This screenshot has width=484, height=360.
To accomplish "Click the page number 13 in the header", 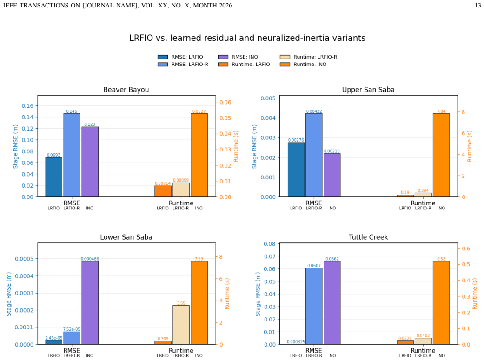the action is [x=477, y=5].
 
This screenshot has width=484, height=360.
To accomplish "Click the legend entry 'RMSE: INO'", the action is [x=238, y=57].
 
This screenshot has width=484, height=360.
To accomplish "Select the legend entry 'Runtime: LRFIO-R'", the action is [x=308, y=57].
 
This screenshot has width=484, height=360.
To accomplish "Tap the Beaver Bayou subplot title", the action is [x=126, y=90].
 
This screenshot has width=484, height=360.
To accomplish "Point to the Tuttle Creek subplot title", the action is [x=368, y=237].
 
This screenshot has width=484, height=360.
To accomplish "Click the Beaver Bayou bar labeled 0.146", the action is [x=72, y=155].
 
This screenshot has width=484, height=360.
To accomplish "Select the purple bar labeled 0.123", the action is [x=90, y=162].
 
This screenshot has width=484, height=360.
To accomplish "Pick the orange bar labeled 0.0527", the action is [x=199, y=155].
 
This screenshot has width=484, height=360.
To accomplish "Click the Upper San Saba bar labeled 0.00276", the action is [x=296, y=170].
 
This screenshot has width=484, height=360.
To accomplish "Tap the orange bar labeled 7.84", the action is [x=441, y=155].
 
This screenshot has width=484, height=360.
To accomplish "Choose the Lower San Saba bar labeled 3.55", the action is [x=181, y=325].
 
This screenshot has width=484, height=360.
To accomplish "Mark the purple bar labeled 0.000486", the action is [x=90, y=302].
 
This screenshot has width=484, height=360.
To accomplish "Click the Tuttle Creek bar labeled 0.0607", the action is [x=314, y=306].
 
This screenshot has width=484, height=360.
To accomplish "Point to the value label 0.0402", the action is [x=423, y=336].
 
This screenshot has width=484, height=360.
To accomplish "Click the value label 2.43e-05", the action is [x=54, y=338].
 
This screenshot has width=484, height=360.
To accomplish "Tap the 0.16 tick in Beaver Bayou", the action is [x=27, y=106].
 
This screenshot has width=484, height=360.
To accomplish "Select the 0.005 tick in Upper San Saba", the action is [x=268, y=98].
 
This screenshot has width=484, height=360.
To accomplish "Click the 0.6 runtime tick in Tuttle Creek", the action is [x=466, y=249].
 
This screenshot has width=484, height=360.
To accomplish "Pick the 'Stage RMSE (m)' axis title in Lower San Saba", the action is [x=9, y=294].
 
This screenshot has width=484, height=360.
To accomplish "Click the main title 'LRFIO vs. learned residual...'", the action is [x=247, y=38].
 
